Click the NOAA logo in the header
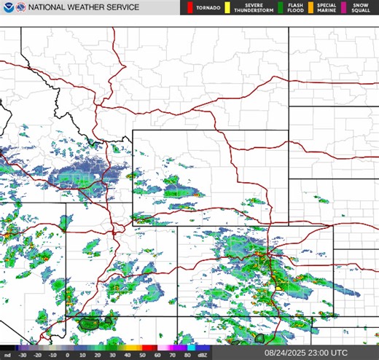(7, 7)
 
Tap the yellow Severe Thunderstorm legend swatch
(227, 7)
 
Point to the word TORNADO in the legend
(207, 7)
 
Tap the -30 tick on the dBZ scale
(23, 354)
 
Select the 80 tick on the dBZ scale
(187, 354)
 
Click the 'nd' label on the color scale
(7, 354)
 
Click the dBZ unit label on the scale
(203, 354)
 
